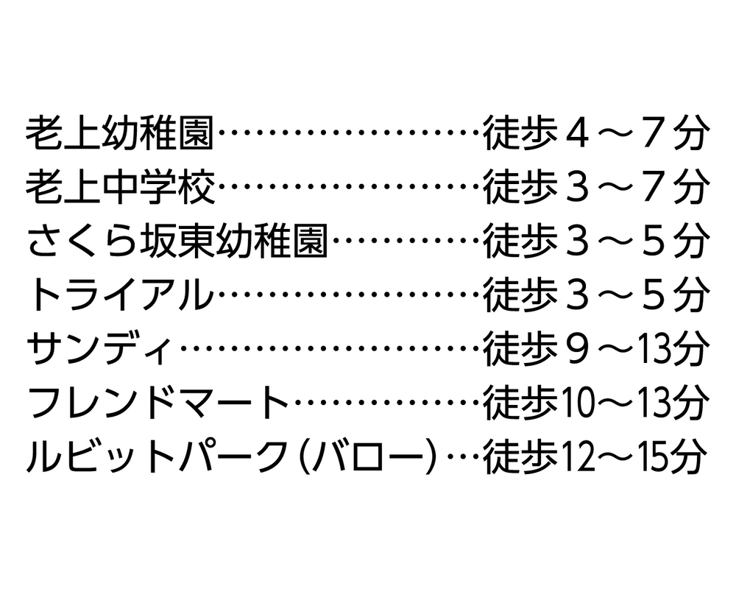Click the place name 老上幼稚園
(x=120, y=133)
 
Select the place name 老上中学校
(x=120, y=188)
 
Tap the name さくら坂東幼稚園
(x=177, y=241)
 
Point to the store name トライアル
(x=121, y=295)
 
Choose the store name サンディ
(x=99, y=348)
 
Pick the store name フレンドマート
(x=158, y=402)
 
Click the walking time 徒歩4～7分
(x=595, y=133)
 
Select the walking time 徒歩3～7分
(x=595, y=188)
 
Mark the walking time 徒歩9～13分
(x=595, y=348)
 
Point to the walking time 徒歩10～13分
(x=595, y=402)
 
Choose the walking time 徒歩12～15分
(x=595, y=456)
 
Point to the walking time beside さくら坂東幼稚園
(x=595, y=241)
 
